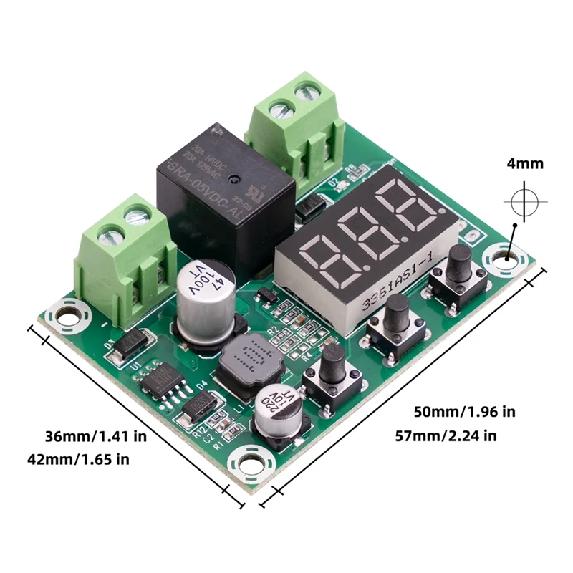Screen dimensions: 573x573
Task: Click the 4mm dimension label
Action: pos(525,164)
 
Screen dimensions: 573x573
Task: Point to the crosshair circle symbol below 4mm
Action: pos(525,203)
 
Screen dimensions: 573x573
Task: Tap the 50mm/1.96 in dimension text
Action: pos(464,412)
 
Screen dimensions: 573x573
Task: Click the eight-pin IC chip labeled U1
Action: pos(159,380)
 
